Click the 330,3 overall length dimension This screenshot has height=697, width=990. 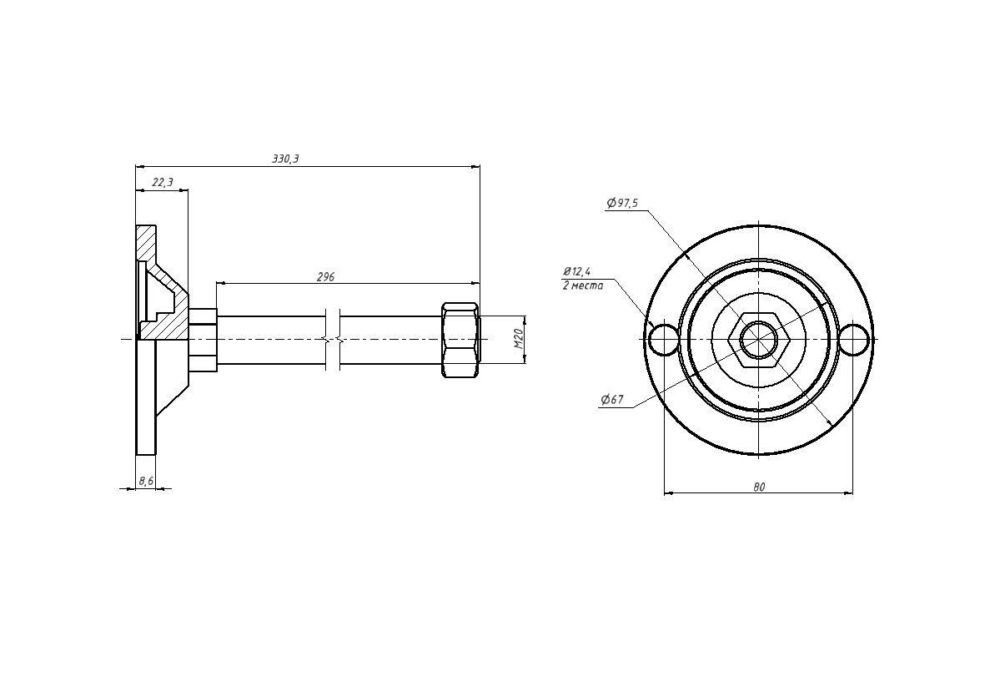(285, 159)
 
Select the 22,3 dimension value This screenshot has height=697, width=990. (163, 183)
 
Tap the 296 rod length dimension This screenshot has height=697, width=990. (326, 277)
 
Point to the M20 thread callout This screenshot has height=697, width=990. (519, 340)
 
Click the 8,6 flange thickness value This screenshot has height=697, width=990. (145, 481)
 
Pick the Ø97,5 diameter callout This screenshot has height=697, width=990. (622, 203)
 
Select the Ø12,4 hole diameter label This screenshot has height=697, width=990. (576, 272)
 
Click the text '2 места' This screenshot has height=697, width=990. (583, 285)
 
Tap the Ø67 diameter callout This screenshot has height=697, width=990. (612, 399)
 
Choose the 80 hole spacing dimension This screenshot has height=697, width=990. (759, 487)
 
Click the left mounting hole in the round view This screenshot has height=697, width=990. (664, 340)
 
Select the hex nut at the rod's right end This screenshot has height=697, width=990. (460, 340)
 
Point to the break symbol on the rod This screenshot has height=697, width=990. (333, 340)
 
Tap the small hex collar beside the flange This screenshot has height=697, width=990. (203, 340)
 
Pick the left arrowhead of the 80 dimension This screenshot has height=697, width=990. (669, 492)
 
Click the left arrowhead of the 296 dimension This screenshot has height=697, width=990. (221, 285)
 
